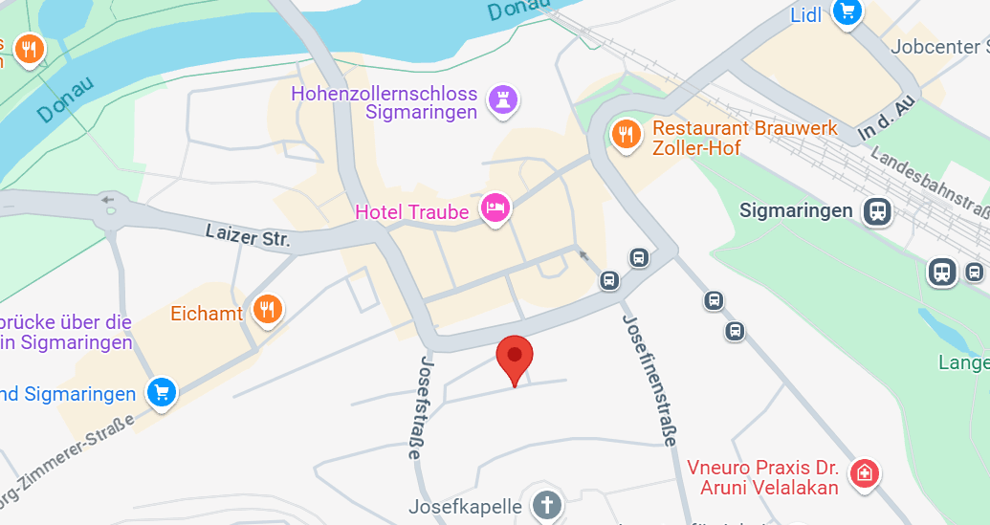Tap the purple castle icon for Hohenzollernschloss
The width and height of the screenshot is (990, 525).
tap(503, 98)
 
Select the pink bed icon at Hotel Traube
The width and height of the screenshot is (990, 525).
tap(495, 207)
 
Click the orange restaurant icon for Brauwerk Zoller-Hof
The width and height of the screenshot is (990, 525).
tap(626, 135)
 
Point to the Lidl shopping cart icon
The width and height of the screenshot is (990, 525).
tap(847, 11)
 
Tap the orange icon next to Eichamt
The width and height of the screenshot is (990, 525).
tap(267, 309)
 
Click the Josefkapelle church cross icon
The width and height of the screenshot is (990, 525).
tap(546, 504)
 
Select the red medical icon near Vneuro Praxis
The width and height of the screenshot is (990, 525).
tap(864, 472)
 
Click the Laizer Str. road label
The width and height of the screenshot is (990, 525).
tap(248, 234)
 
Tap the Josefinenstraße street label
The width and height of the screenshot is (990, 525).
tap(648, 380)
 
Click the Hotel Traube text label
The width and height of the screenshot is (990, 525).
tap(411, 211)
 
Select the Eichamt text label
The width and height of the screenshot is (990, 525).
tap(207, 313)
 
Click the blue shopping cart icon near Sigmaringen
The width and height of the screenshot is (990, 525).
tap(162, 392)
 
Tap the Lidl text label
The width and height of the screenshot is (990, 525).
tap(807, 14)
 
